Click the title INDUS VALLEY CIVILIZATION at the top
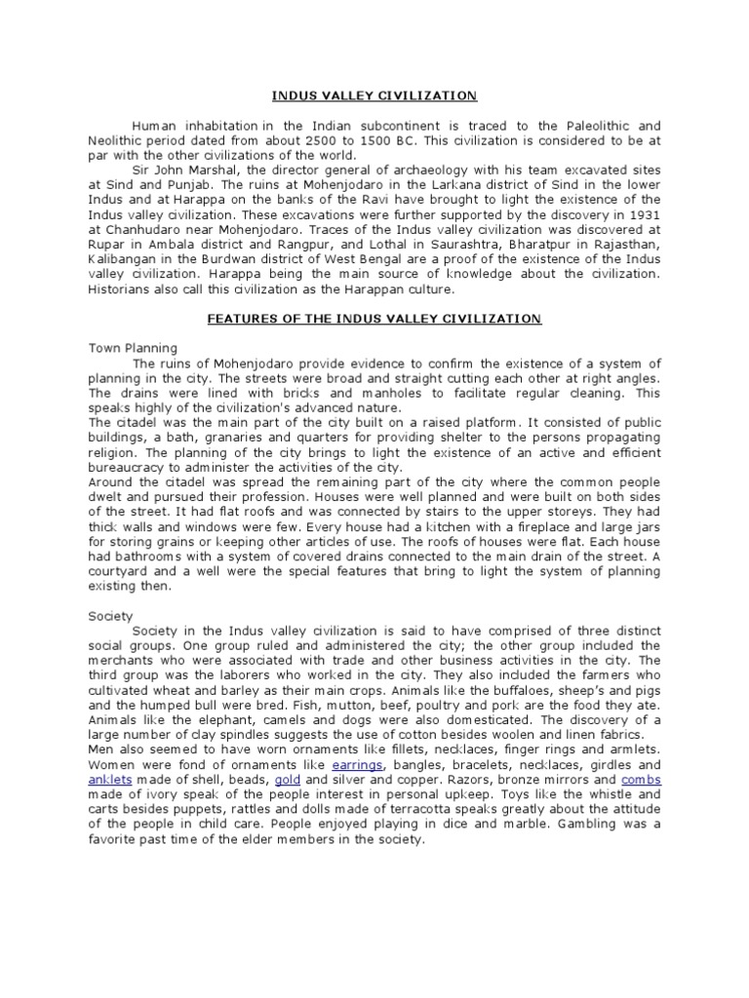point(374,96)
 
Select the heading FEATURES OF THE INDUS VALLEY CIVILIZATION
point(374,319)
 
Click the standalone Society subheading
point(110,616)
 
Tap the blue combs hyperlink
point(640,781)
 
